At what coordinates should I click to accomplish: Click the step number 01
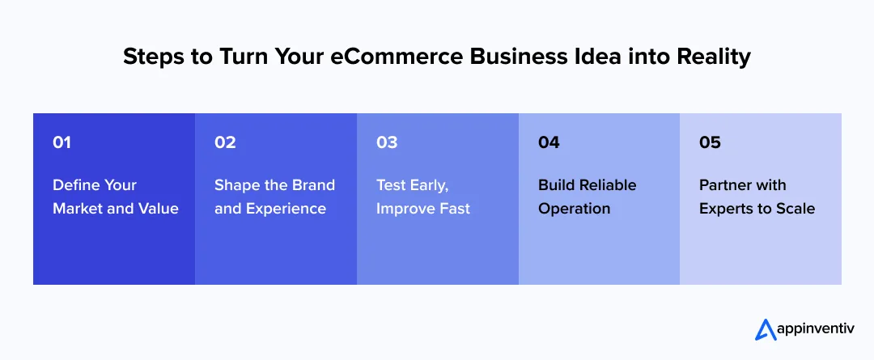[62, 142]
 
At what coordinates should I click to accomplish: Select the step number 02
[225, 142]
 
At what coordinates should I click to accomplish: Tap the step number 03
[387, 142]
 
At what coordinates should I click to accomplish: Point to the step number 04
[549, 142]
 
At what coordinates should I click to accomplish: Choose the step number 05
[710, 142]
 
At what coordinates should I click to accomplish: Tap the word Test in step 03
[392, 185]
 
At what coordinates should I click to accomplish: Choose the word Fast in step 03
[453, 209]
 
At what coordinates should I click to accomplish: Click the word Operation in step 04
[574, 209]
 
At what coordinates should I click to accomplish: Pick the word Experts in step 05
[728, 209]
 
